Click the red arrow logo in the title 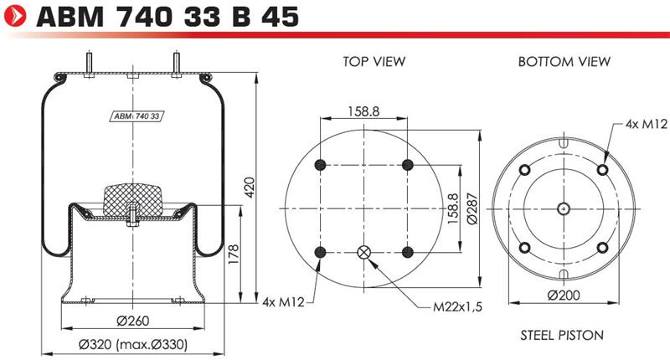(15, 17)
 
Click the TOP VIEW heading (374, 61)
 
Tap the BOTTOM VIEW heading (564, 61)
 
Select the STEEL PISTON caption (562, 335)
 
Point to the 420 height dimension (249, 187)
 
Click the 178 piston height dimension (234, 254)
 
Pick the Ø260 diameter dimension (133, 321)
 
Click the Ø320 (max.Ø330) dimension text (133, 344)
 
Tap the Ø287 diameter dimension (472, 208)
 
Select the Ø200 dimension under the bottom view (564, 295)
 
